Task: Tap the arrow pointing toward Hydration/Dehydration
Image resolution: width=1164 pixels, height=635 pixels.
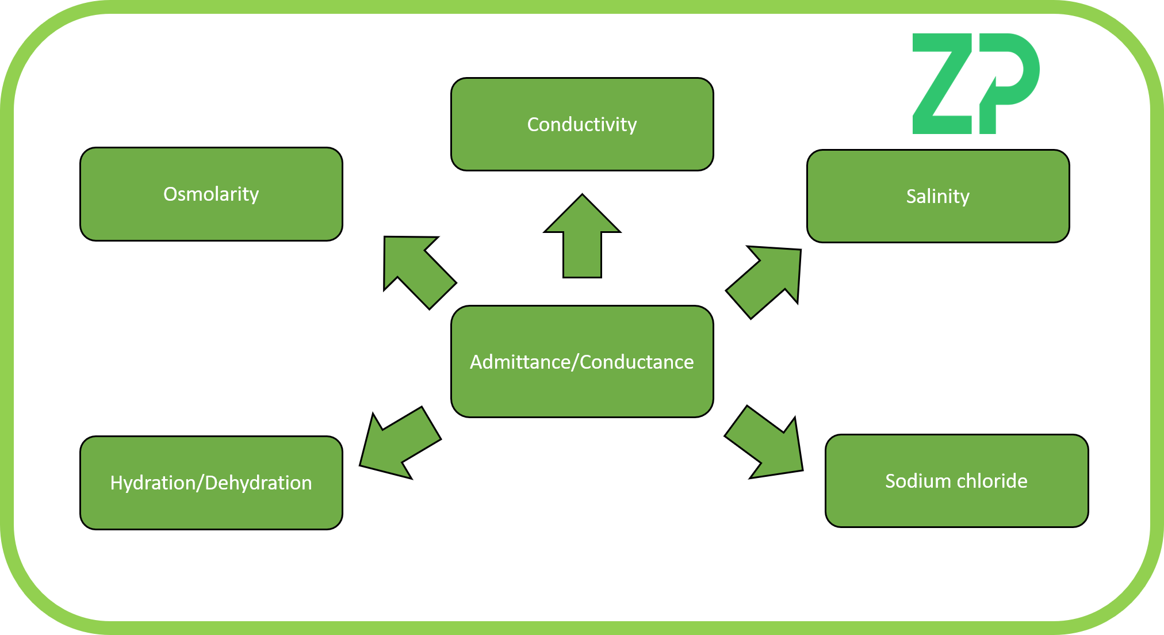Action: coord(400,443)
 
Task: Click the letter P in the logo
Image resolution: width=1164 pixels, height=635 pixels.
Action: coord(1009,75)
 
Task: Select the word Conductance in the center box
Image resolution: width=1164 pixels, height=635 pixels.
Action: coord(637,362)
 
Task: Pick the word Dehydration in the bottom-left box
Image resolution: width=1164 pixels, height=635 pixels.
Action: coord(258,483)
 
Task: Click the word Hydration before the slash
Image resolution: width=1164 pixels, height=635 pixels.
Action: coord(152,483)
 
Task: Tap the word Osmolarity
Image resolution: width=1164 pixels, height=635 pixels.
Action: coord(211,194)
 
